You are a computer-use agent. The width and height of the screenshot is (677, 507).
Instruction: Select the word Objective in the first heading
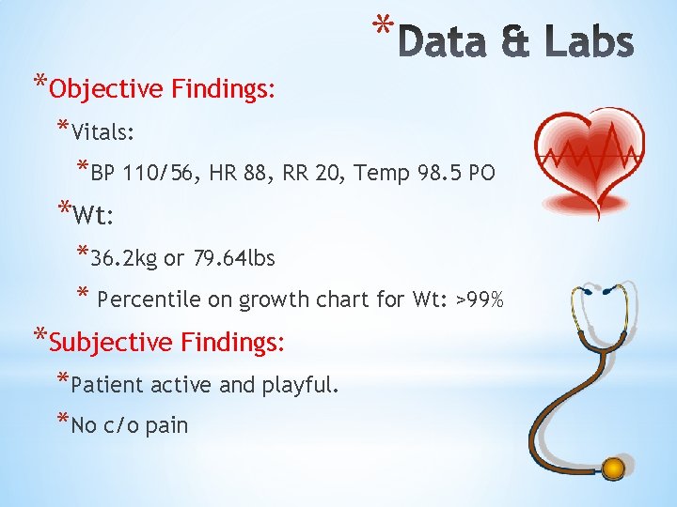(106, 89)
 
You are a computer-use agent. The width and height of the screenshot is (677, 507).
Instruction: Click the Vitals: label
(106, 131)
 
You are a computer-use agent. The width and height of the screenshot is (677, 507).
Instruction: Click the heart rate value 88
(252, 174)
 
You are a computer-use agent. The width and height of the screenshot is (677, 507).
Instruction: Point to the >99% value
(480, 300)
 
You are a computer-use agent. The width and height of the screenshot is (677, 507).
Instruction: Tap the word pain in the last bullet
(167, 426)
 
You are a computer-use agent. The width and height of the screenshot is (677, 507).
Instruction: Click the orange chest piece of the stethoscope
(613, 467)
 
